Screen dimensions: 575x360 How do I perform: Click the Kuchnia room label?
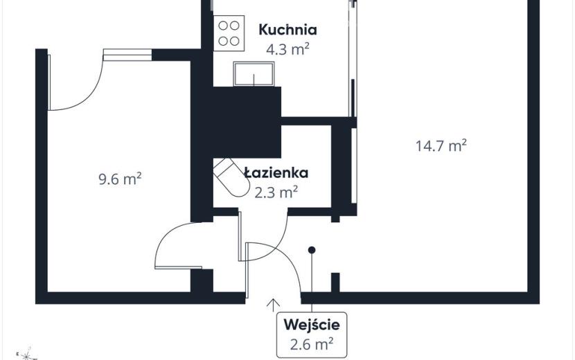(x=288, y=30)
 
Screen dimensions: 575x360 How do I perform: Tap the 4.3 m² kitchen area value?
(x=288, y=49)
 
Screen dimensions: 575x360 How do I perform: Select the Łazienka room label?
(x=276, y=172)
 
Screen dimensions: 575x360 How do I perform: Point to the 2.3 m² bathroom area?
(x=276, y=192)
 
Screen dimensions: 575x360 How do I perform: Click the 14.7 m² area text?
(x=441, y=145)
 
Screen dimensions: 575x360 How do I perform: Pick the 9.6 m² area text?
(x=121, y=179)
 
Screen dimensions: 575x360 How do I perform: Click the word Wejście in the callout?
(x=312, y=325)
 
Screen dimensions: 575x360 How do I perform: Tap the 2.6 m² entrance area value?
(x=312, y=344)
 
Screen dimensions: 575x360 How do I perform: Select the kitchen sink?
(x=254, y=73)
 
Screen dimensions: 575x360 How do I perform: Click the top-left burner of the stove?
(x=223, y=26)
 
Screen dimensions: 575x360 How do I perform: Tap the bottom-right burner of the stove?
(x=235, y=41)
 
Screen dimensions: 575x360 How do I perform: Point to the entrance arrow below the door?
(x=273, y=305)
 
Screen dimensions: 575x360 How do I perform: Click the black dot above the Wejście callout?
(x=312, y=250)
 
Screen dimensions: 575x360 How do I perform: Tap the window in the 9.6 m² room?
(x=127, y=55)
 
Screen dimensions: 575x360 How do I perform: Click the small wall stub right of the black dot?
(x=335, y=282)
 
